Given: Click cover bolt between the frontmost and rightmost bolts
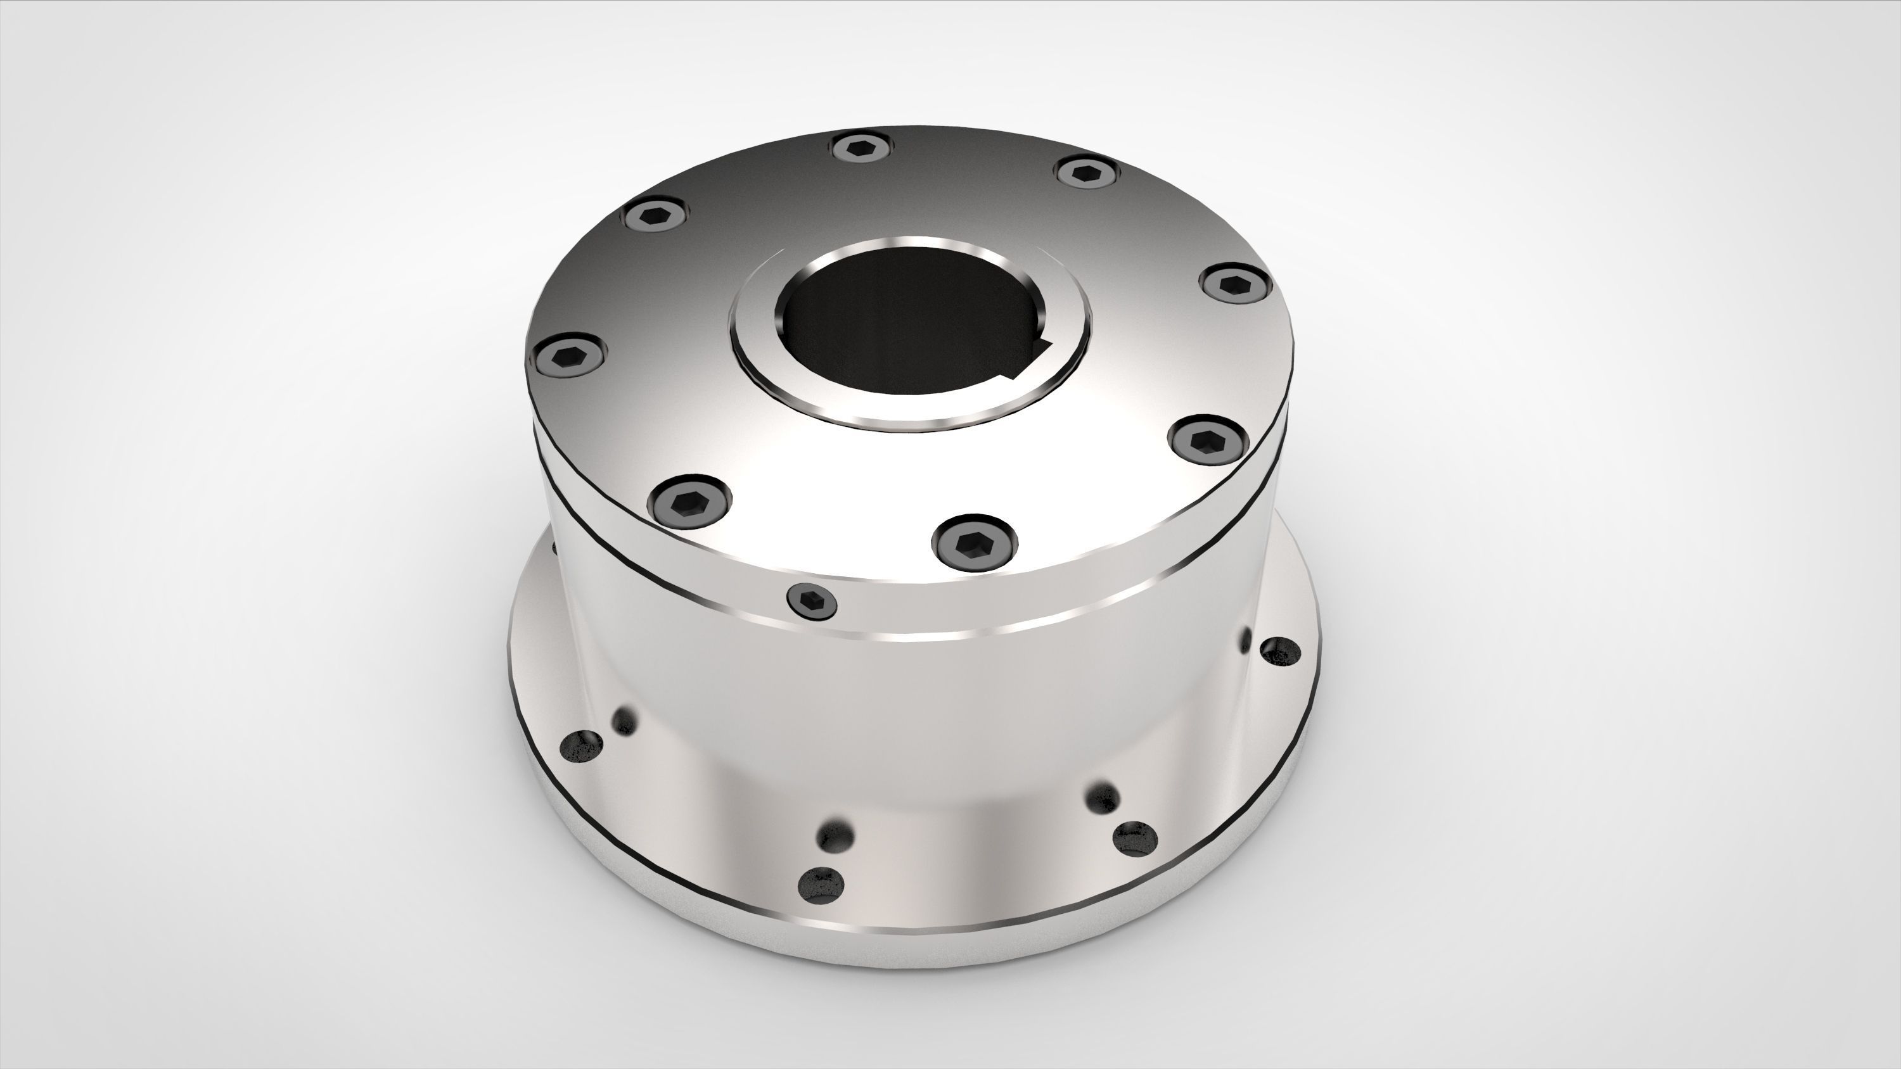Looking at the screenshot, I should [1209, 440].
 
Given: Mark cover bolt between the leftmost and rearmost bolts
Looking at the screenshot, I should [655, 216].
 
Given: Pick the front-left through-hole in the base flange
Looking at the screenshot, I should [821, 885].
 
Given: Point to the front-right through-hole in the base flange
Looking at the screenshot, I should [1135, 839].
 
